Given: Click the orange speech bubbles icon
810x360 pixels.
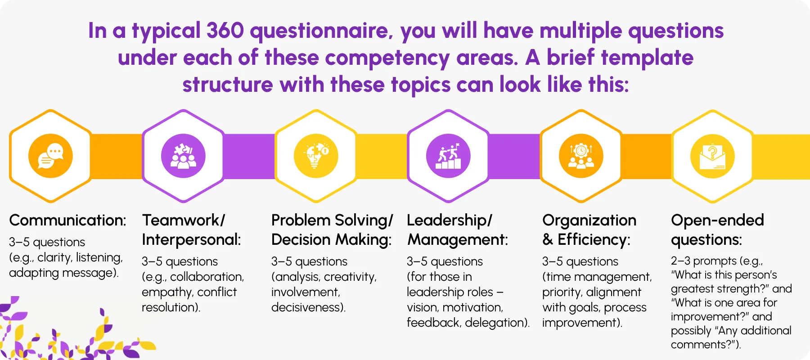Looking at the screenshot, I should [x=50, y=156].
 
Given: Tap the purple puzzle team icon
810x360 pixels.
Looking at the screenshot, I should [x=183, y=156].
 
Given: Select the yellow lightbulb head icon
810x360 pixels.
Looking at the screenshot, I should [x=316, y=156].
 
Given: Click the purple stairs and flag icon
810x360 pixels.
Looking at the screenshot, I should [x=448, y=156].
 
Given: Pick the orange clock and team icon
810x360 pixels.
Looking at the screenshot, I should [x=581, y=156].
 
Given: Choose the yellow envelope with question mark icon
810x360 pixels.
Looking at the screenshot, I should [x=713, y=156].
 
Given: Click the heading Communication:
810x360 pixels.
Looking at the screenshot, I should [x=67, y=220].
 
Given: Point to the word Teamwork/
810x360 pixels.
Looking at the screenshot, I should [x=183, y=220].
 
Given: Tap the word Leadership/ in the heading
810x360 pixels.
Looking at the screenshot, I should [x=449, y=220].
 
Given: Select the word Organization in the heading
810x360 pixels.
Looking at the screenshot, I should [x=589, y=220].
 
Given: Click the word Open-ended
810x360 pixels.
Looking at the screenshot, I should [x=717, y=220].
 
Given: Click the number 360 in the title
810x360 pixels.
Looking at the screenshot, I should [x=225, y=31].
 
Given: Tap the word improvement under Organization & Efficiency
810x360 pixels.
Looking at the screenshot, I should [x=580, y=323].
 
